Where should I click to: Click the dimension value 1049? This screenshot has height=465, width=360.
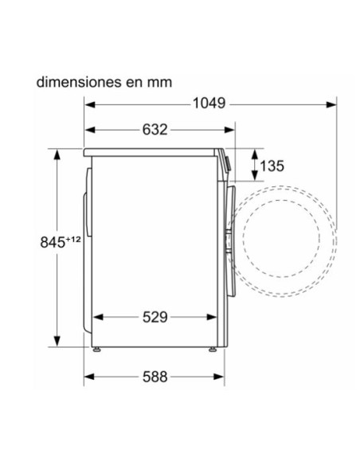(x=209, y=103)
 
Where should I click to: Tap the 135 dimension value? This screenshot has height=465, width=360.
(x=272, y=166)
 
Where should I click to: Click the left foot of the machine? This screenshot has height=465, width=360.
(x=96, y=349)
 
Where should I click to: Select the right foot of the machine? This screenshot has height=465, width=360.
(x=213, y=349)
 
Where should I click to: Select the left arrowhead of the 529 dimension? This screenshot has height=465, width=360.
(x=98, y=317)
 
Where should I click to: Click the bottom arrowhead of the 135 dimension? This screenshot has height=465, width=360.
(x=254, y=179)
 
